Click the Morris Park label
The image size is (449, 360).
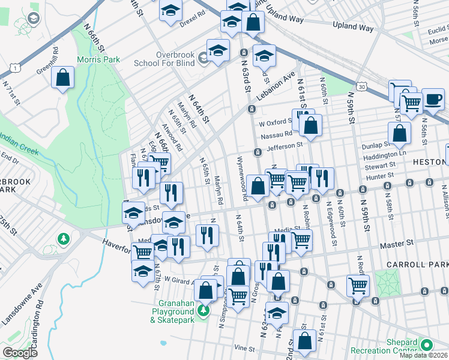click(x=98, y=59)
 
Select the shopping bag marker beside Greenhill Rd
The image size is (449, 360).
click(x=62, y=77)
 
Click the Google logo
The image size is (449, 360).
click(x=20, y=353)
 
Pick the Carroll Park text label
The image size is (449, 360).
click(x=427, y=265)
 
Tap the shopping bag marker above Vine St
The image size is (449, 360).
click(x=304, y=340)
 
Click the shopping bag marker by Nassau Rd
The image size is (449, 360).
click(x=310, y=125)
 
